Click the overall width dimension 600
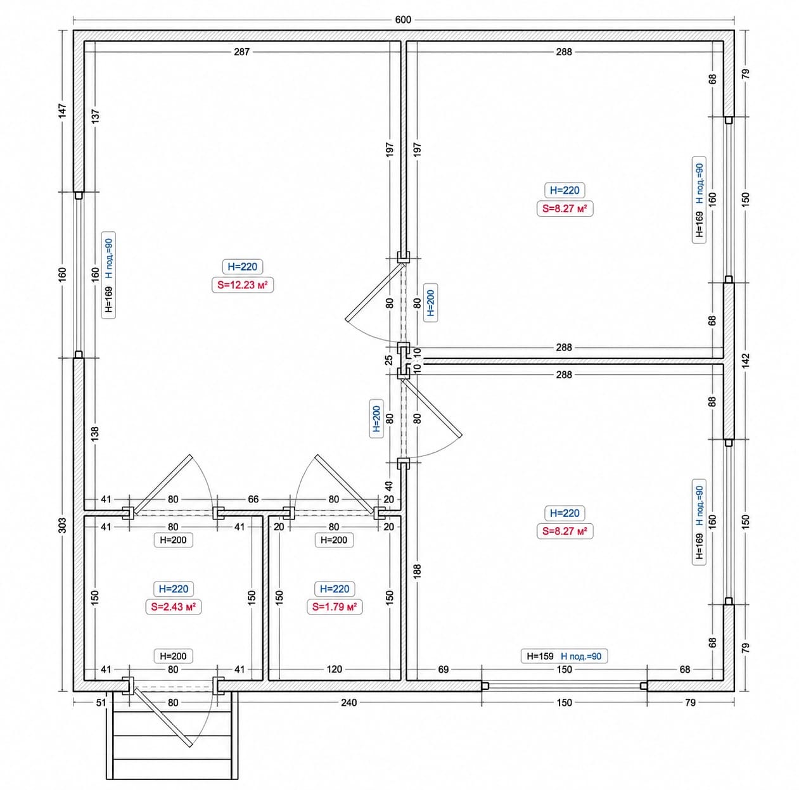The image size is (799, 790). coord(403,20)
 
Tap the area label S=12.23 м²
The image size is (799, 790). coord(243,285)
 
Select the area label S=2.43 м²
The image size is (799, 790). coord(174,607)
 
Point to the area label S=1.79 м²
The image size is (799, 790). coord(335,607)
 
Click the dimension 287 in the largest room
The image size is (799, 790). coord(242,52)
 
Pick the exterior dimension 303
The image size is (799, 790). coord(62,525)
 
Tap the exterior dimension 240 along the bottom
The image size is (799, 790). coord(348,703)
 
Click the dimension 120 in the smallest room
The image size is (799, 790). coord(334,669)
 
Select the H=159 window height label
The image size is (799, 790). coord(540,656)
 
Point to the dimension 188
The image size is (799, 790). coord(417,571)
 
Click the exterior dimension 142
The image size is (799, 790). coord(745,360)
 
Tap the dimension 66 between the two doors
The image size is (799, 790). coord(253,499)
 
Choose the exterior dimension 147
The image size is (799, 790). coord(62,111)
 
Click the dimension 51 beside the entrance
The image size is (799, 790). coord(101,703)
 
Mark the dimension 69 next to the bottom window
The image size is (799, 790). coord(444,669)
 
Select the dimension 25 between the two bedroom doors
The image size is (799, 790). coord(389,360)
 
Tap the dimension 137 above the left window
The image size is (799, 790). coord(96,117)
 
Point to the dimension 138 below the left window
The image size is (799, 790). coord(96,434)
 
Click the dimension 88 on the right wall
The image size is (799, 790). coord(712,402)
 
